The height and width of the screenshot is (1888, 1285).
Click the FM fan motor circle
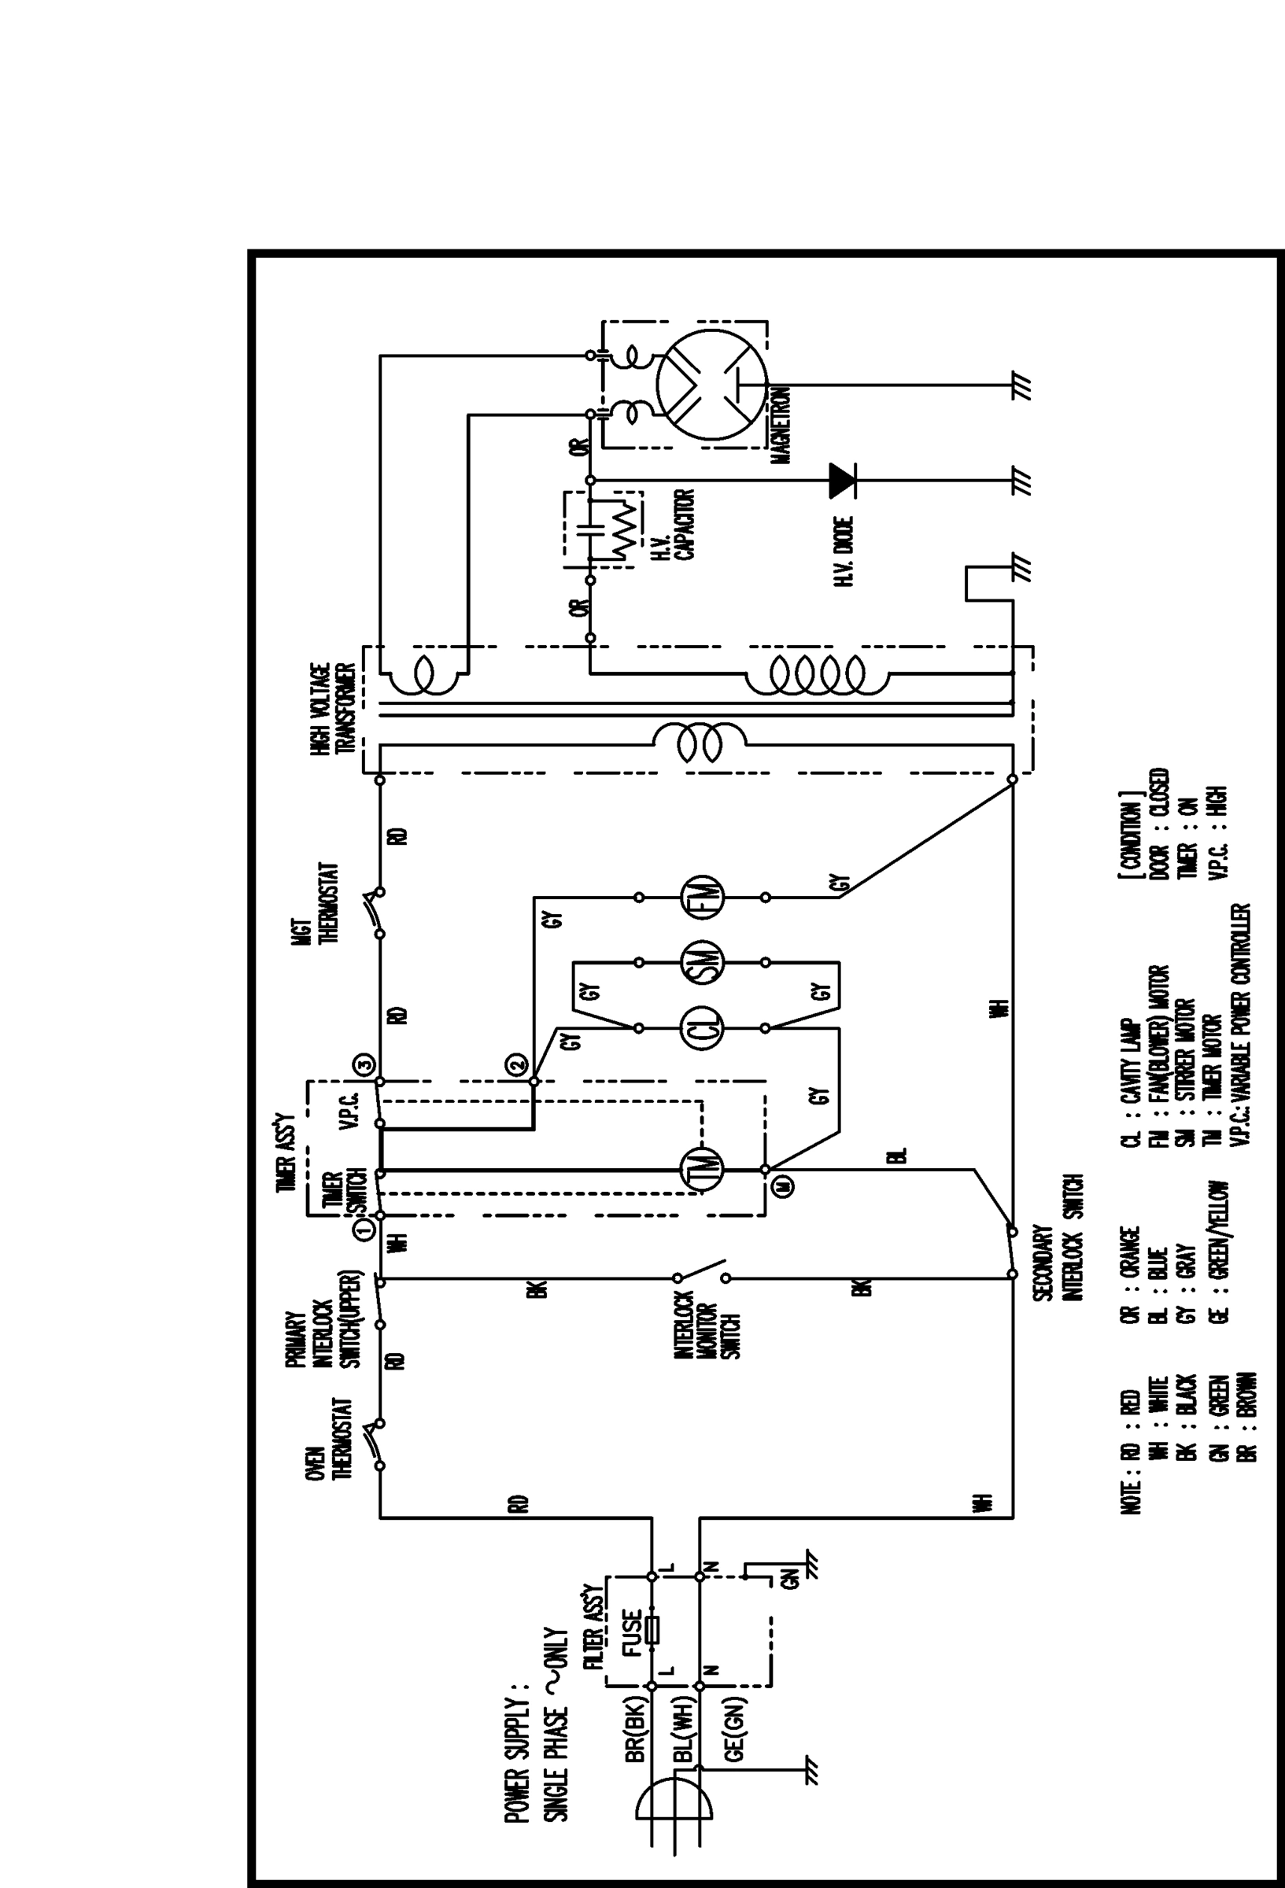click(701, 898)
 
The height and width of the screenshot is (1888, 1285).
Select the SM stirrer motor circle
click(701, 963)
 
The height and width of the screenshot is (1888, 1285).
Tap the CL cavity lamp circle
click(701, 1027)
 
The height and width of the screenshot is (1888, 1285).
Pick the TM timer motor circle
click(701, 1170)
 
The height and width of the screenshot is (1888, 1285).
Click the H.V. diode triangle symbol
click(841, 480)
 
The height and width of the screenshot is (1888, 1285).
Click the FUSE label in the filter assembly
click(632, 1632)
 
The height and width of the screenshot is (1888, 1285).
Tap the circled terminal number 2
click(517, 1064)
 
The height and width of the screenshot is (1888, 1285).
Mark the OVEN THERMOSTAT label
click(329, 1438)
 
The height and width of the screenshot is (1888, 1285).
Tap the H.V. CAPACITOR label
click(674, 525)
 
